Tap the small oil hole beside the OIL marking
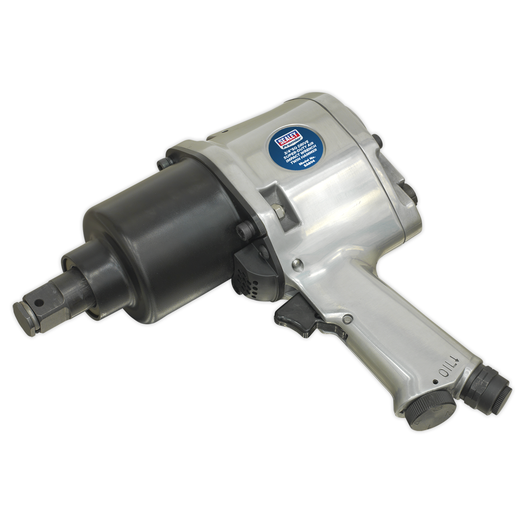coord(435,382)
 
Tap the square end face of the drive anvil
coord(26,318)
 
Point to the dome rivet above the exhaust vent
coord(297,263)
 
